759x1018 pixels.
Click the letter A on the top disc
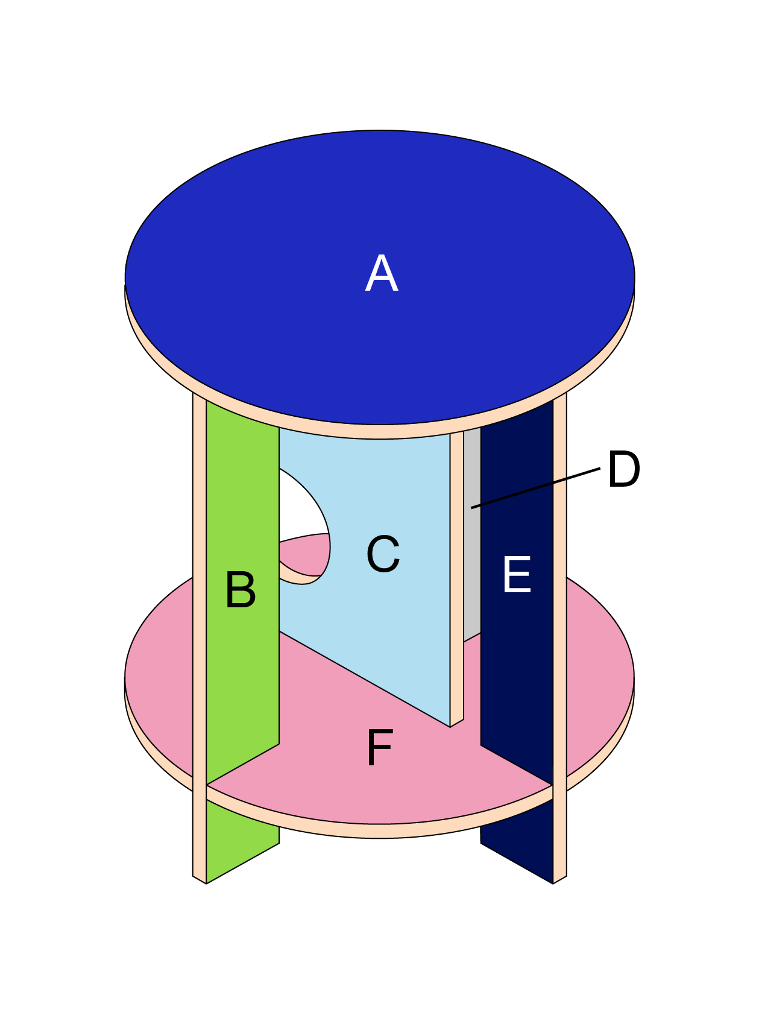(382, 274)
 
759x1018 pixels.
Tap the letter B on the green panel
(241, 589)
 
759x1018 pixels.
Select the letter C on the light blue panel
(383, 554)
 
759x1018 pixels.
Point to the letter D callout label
(623, 469)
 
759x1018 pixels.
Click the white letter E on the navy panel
(517, 575)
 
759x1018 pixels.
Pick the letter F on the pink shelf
(380, 748)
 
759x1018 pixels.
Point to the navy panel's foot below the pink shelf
(518, 844)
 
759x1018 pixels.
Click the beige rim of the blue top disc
(380, 432)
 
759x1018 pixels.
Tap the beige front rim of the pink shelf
(380, 831)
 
